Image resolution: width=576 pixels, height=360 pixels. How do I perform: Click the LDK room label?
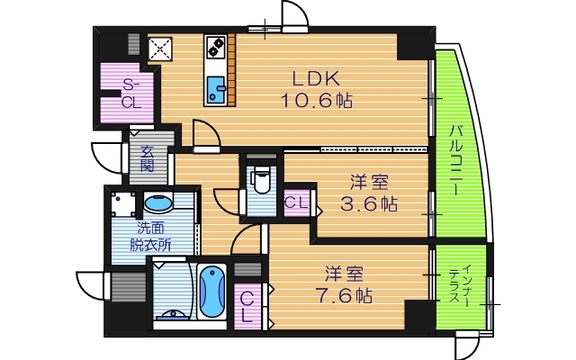316,78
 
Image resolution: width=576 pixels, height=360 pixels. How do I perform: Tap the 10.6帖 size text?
317,100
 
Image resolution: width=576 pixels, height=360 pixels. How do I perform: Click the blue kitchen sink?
216,90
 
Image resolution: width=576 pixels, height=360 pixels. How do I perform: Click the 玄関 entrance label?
148,158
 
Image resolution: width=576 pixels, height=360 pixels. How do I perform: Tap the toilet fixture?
261,179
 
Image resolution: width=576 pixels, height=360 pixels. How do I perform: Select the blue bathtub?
211,292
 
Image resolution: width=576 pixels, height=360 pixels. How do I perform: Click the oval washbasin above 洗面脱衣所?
158,203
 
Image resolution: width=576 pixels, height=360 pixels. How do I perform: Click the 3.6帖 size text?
368,204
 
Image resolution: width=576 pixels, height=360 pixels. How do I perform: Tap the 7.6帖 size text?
344,294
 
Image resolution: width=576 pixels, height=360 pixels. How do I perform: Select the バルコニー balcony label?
457,160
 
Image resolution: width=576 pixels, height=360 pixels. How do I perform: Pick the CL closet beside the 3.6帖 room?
296,202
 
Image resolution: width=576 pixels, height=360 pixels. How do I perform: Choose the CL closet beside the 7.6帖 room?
247,306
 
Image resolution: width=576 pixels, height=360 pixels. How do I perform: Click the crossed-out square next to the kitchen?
160,49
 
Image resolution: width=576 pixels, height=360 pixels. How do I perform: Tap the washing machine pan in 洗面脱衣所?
123,204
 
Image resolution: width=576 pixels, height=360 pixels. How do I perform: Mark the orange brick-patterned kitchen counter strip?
231,69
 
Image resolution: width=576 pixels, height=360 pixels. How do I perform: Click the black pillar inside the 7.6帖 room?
419,314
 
